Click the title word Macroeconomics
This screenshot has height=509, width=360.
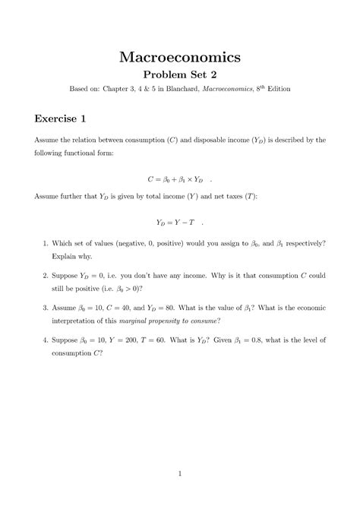[x=179, y=56]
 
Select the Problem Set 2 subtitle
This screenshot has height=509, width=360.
[x=179, y=75]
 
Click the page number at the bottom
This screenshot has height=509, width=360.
[x=180, y=475]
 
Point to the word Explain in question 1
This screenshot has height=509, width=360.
[x=65, y=257]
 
